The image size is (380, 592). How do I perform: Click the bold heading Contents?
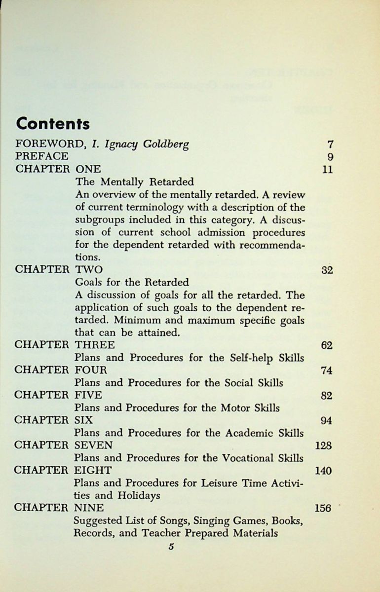point(53,123)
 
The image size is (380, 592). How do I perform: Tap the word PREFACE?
point(42,156)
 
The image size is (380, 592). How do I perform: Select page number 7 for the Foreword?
point(330,145)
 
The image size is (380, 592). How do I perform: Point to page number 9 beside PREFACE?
point(330,157)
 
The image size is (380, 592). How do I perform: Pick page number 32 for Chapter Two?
point(327,270)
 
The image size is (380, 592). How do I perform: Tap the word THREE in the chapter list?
point(95,344)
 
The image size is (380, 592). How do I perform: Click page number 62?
point(327,345)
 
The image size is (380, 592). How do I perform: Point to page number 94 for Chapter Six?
point(327,421)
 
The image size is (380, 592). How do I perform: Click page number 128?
point(323,446)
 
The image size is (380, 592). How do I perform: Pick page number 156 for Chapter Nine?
point(323,509)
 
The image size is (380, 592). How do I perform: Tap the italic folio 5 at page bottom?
point(171,546)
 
